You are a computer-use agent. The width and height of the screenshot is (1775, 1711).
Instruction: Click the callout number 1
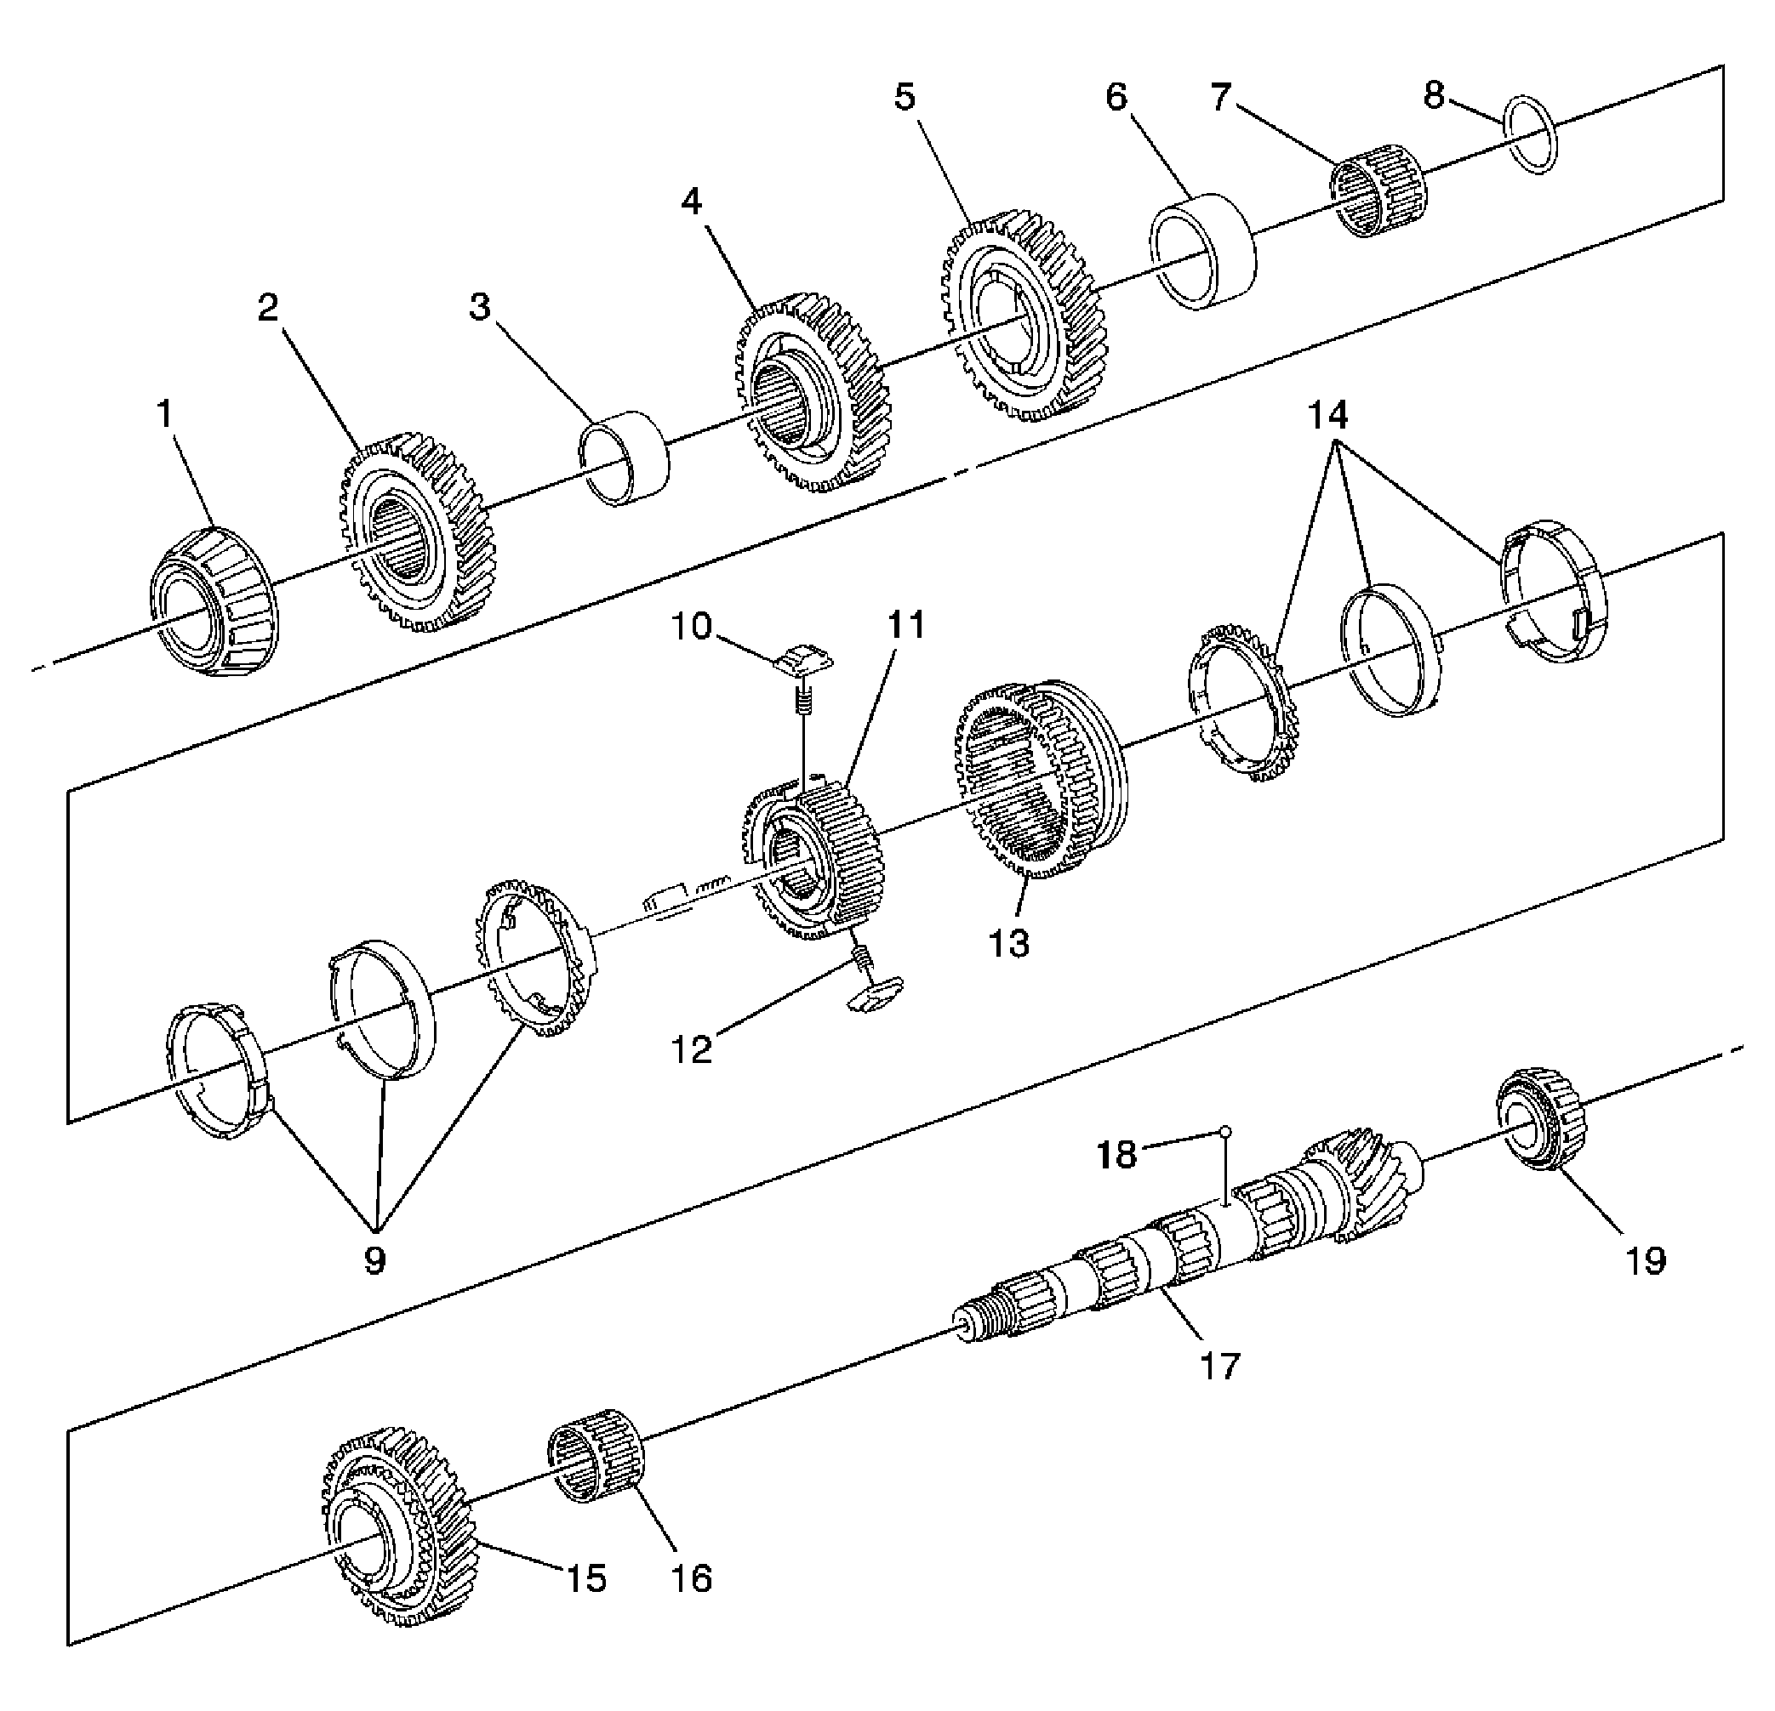[165, 415]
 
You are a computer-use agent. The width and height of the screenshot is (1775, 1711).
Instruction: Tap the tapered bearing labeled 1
[213, 603]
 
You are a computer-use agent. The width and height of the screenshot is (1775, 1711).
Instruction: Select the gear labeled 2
[417, 534]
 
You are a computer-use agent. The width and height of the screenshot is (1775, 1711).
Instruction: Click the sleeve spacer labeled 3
[624, 458]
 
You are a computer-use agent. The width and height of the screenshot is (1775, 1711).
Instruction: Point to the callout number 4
[693, 201]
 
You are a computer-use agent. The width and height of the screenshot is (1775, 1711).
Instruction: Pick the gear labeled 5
[1024, 317]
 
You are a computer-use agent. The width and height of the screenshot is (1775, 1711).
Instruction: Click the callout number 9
[375, 1259]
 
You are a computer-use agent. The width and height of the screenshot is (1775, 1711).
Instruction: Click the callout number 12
[692, 1049]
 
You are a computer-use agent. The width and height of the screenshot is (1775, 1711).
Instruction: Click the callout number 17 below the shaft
[1219, 1365]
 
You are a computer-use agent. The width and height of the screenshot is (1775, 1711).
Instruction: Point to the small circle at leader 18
[1224, 1130]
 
